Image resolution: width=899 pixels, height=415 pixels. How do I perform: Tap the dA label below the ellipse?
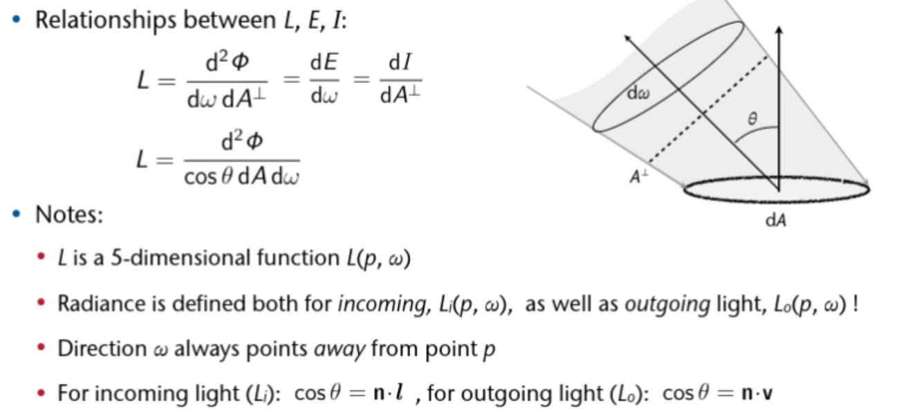point(775,220)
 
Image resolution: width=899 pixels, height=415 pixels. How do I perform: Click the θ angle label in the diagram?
point(752,118)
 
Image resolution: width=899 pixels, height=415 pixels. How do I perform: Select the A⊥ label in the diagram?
point(638,177)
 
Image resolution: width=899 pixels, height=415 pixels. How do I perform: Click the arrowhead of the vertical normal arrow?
point(779,31)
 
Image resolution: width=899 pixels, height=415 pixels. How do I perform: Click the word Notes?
point(68,214)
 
